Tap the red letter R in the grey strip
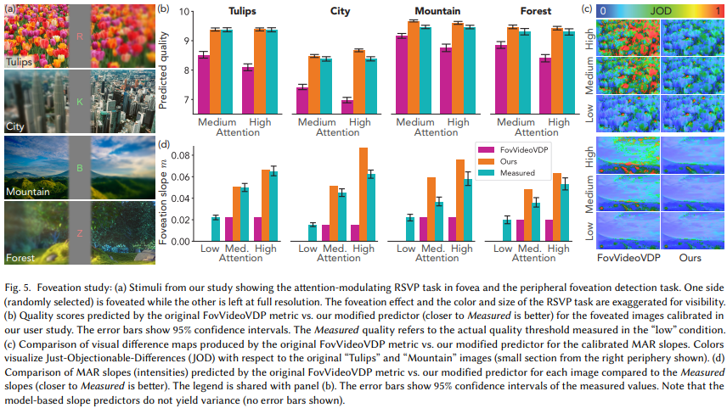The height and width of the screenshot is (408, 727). coord(79,36)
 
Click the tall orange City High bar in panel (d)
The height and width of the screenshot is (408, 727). coord(363,195)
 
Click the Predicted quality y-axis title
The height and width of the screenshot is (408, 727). coord(164,64)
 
